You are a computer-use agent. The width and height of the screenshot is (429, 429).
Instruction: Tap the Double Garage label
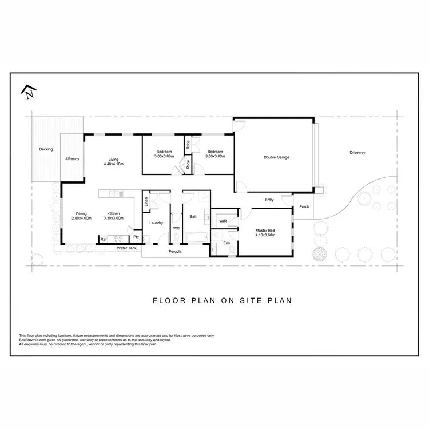pos(276,157)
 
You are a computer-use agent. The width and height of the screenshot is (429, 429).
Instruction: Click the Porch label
pos(304,206)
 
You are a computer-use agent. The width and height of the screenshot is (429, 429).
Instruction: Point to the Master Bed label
pos(265,230)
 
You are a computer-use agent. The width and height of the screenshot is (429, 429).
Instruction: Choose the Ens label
pos(226,243)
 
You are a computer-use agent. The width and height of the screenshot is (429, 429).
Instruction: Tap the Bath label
pos(193,216)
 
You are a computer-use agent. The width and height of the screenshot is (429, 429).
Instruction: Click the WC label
pos(176,228)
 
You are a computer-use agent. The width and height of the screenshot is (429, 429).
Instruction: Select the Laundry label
pos(156,223)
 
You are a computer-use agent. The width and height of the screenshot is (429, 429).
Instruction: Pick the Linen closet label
pos(146,201)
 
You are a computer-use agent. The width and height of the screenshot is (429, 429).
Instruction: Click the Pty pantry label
pos(136,236)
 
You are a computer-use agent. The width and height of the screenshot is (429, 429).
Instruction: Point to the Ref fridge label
pos(104,239)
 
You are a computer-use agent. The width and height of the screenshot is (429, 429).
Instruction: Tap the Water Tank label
pos(126,248)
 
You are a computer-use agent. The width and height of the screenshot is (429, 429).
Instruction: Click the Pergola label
pos(175,252)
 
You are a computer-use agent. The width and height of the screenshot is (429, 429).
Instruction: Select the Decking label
pos(46,149)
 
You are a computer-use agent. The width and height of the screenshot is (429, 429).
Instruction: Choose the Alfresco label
pos(71,158)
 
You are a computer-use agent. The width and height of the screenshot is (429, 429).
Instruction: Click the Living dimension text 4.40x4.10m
pos(114,164)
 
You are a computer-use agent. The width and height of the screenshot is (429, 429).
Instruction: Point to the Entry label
pos(269,200)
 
